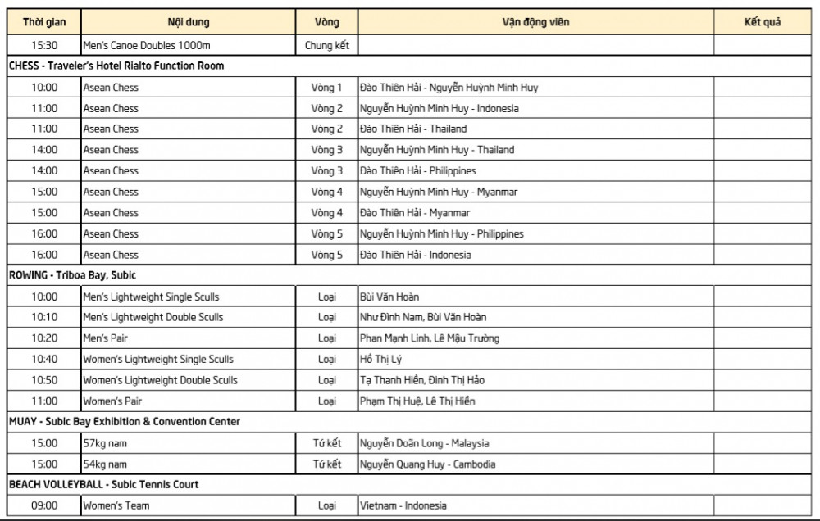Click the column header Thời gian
click(x=44, y=22)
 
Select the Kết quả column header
click(x=762, y=22)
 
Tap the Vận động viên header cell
click(x=535, y=22)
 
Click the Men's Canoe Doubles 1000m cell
click(x=147, y=45)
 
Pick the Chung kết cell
click(x=326, y=45)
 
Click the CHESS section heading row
click(x=116, y=66)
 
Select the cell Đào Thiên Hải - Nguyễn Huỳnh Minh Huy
click(x=449, y=87)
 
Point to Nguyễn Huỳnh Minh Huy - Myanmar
click(x=439, y=192)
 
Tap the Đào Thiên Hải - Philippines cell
click(x=417, y=170)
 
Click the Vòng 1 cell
click(x=326, y=87)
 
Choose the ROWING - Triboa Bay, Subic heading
click(x=72, y=275)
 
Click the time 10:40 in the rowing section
click(x=44, y=359)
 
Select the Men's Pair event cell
click(x=106, y=338)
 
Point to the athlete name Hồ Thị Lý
click(x=381, y=359)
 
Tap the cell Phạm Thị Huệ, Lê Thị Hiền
click(x=417, y=401)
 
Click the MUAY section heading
click(x=125, y=422)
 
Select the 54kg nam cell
click(x=105, y=464)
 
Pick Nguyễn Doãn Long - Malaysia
click(x=424, y=443)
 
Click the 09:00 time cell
click(x=44, y=505)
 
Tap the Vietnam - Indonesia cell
click(x=403, y=505)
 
